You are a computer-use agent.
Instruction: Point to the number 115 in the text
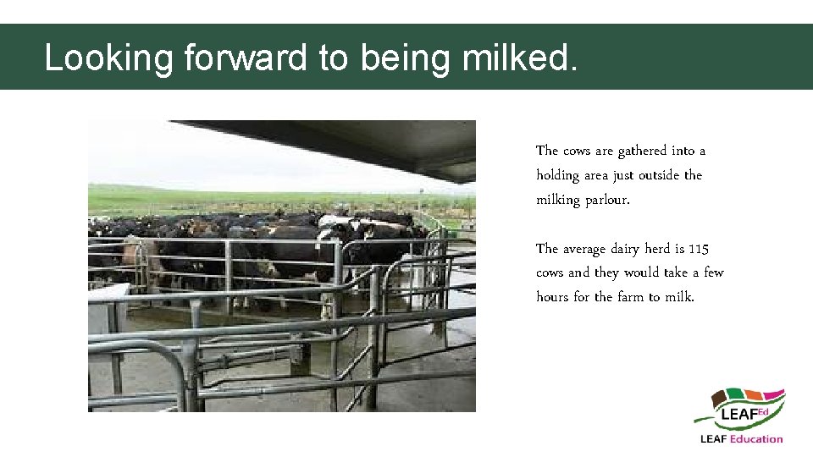(699, 249)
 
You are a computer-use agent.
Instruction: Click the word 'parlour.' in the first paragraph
(608, 201)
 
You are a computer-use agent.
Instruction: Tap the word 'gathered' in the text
(642, 151)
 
